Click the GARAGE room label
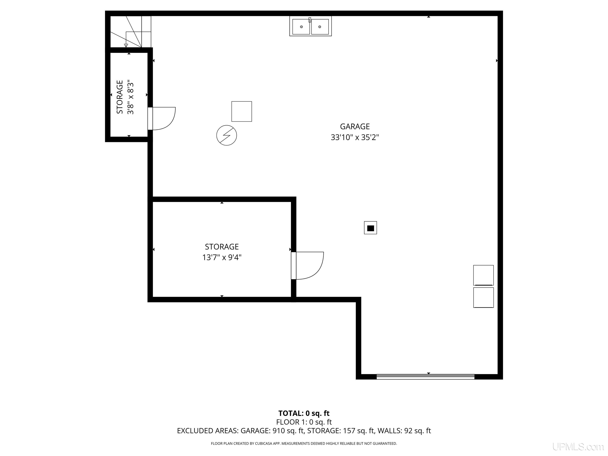[355, 126]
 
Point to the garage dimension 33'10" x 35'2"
[355, 137]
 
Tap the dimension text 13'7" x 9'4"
[222, 257]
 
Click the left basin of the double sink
[301, 27]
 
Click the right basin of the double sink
[320, 27]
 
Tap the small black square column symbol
[370, 228]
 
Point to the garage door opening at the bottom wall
[425, 377]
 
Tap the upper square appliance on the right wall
[483, 275]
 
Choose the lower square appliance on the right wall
[483, 297]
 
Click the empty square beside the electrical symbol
[242, 111]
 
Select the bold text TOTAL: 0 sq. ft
[304, 413]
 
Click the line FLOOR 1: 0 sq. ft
[304, 422]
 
